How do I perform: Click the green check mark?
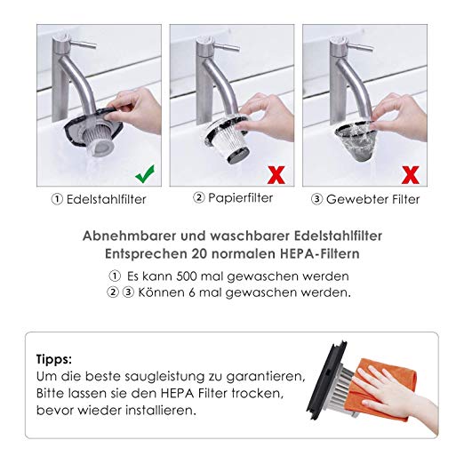[145, 174]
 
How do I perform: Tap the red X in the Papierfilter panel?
[276, 175]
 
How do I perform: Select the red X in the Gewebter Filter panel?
[410, 175]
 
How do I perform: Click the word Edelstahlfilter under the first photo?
[107, 199]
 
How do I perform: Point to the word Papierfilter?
[240, 198]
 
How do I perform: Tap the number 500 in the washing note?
[187, 276]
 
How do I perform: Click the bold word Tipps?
[54, 360]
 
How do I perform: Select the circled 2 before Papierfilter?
[199, 197]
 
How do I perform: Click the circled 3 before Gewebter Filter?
[316, 199]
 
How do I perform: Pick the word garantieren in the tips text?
[265, 377]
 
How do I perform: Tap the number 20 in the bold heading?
[198, 253]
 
